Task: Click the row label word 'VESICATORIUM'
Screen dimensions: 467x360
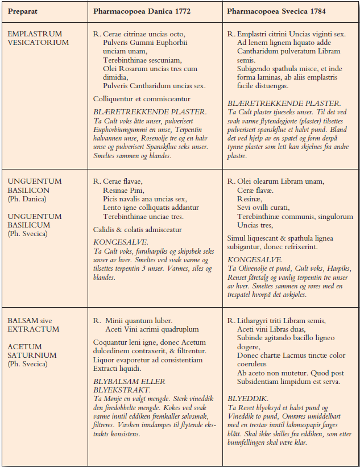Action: (38, 43)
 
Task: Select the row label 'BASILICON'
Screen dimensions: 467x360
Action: (28, 190)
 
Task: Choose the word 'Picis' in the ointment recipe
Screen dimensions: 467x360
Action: (113, 199)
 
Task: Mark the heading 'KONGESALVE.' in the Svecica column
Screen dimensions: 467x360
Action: (248, 259)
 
